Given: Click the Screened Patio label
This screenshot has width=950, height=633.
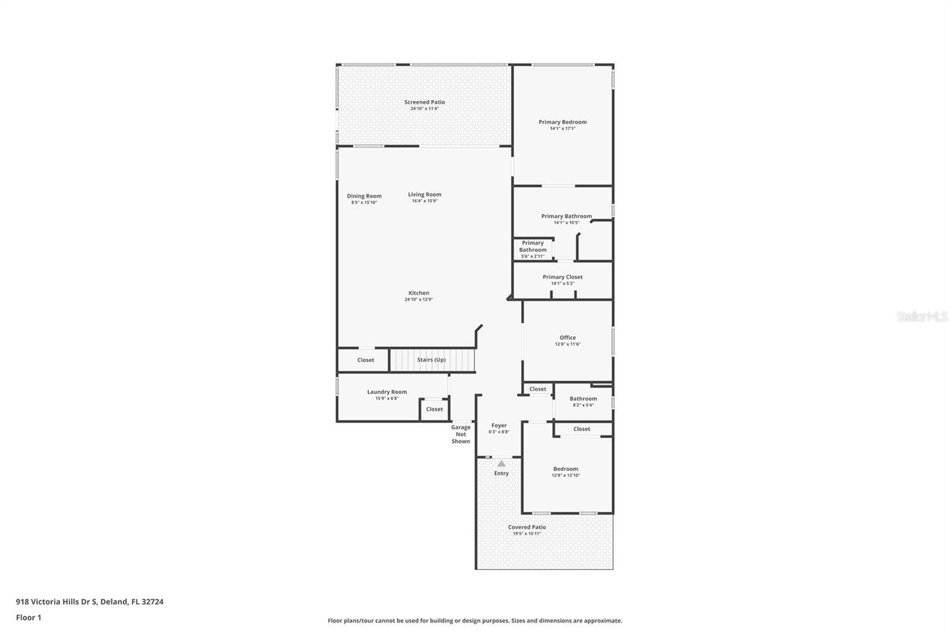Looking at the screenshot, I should (x=425, y=102).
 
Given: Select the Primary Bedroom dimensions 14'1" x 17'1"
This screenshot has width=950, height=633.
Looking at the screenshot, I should (x=562, y=129).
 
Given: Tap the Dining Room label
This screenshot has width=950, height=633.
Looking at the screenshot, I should (x=364, y=196).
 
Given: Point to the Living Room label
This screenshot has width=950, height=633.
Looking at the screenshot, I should (x=425, y=194).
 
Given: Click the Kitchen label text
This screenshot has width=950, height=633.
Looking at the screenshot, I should (x=419, y=293).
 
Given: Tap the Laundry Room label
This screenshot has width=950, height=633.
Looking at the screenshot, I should (x=387, y=392).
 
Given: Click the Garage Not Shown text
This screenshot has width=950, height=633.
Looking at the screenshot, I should (x=461, y=434).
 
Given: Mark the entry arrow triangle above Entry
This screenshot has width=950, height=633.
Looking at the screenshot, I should (x=501, y=464).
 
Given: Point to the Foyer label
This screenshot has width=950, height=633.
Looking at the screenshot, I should (x=499, y=425).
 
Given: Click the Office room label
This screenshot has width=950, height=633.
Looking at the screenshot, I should (x=568, y=337).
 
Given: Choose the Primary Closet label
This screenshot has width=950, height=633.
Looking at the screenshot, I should (x=562, y=277).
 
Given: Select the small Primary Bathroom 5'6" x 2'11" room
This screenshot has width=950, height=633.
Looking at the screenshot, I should (x=533, y=249).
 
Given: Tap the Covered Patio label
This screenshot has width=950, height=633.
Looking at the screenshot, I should (x=527, y=527).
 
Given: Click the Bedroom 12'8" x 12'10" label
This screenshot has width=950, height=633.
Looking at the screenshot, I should (x=565, y=469).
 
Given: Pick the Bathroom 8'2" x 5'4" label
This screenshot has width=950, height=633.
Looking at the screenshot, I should (x=583, y=398).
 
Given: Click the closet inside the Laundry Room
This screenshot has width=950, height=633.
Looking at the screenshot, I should (x=434, y=409).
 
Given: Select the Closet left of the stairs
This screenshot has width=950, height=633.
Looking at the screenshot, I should (x=365, y=360).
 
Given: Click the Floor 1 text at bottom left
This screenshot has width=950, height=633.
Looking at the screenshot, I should (x=28, y=618).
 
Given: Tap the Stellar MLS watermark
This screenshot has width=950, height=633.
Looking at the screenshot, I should (x=921, y=317).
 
